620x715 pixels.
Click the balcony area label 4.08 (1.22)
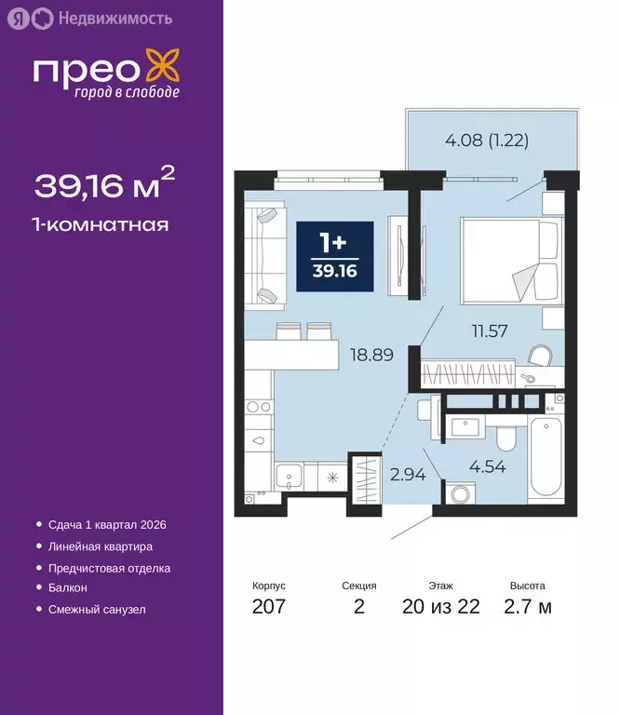point(475,142)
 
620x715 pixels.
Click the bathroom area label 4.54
point(488,466)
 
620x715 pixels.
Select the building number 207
point(269,607)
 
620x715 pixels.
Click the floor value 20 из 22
point(441,607)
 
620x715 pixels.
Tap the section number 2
point(358,607)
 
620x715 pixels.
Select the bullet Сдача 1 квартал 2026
point(106,525)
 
